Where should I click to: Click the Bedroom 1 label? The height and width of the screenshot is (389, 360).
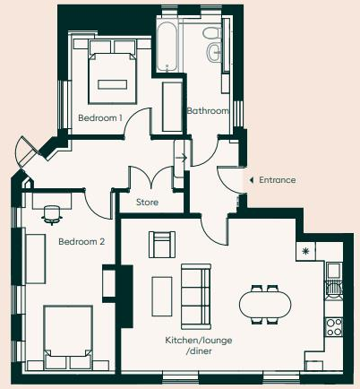point(99,117)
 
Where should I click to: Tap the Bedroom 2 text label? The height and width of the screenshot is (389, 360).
point(81,241)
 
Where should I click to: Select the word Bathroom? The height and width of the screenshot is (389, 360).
point(208,111)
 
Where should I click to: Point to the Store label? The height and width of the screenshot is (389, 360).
point(148,203)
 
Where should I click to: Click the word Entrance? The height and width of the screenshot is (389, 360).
point(277,180)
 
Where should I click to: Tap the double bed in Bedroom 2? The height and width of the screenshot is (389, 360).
point(67,336)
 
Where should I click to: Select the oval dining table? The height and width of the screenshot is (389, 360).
point(265,305)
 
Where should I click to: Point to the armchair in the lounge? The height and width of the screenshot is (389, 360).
point(161,243)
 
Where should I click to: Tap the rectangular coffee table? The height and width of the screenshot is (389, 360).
point(162,295)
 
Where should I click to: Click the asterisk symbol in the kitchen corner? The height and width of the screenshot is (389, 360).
point(307,251)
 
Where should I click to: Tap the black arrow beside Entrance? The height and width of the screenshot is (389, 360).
point(251,180)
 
